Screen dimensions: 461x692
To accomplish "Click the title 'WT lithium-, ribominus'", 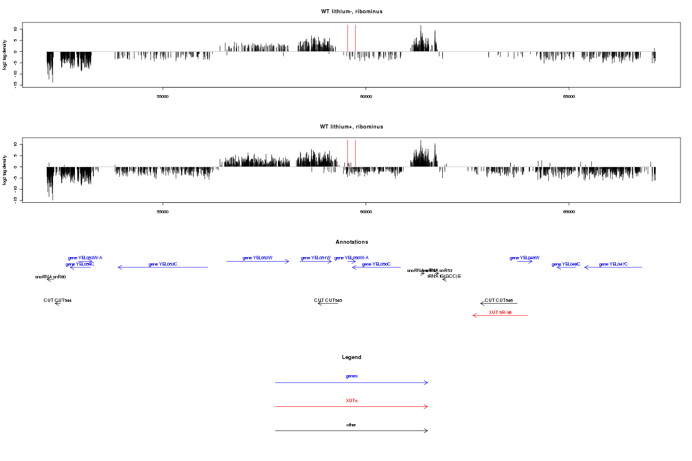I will [x=352, y=12].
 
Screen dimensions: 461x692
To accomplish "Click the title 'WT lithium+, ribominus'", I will [x=352, y=127].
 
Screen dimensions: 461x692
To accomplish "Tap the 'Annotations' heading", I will [x=352, y=242].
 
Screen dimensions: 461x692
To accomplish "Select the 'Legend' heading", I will [x=352, y=357].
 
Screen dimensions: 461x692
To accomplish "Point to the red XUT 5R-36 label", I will [x=500, y=312].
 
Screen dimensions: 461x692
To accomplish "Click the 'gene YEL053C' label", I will [x=163, y=264].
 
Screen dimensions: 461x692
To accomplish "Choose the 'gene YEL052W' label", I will [x=257, y=258].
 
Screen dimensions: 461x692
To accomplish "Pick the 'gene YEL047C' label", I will [x=613, y=264].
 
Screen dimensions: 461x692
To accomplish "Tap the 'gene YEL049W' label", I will [x=524, y=258].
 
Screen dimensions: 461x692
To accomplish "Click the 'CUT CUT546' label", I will [x=499, y=300].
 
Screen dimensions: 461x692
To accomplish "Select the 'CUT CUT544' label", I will [x=58, y=300].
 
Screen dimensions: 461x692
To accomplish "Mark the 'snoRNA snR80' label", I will [x=50, y=277].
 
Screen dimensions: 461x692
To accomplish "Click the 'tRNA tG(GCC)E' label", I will [x=444, y=276].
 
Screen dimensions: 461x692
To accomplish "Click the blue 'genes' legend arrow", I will [x=352, y=383].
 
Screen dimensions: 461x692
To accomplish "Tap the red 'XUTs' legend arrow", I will [x=352, y=407].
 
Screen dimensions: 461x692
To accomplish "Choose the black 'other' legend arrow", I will [x=352, y=430].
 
